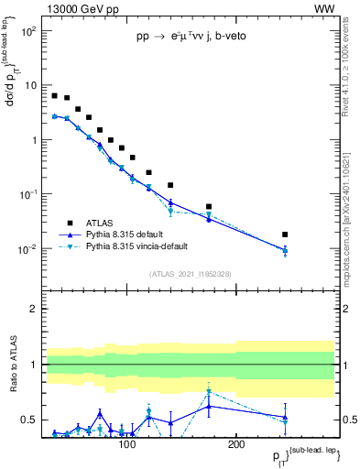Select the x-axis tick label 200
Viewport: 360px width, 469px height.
pos(235,444)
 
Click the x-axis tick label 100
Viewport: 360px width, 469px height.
pos(127,444)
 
